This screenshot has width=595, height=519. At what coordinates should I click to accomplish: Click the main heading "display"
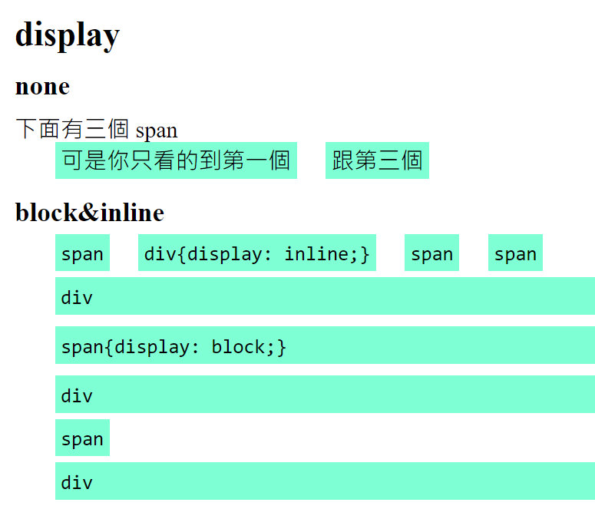(68, 35)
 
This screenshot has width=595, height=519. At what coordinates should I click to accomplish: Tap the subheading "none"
(42, 87)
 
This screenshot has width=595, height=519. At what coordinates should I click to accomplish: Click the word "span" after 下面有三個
(157, 131)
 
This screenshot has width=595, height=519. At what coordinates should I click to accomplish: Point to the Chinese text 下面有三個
(72, 129)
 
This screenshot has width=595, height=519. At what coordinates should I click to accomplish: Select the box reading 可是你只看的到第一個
(176, 160)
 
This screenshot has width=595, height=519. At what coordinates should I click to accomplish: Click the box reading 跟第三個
(377, 160)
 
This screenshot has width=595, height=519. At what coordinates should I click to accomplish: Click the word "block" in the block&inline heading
(47, 213)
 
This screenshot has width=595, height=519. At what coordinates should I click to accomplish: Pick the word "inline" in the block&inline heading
(131, 213)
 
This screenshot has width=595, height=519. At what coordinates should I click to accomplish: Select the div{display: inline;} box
(257, 253)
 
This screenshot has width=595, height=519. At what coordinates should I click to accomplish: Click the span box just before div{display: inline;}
(82, 253)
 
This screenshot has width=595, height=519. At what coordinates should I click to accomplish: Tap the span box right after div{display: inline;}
(431, 253)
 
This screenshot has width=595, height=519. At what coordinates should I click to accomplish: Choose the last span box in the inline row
(515, 253)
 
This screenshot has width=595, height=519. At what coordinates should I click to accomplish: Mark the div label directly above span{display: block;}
(77, 297)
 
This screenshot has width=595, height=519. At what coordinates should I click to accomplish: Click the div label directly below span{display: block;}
(77, 395)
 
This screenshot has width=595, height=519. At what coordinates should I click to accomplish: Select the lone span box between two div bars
(82, 438)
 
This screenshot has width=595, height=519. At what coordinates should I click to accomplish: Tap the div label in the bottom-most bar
(77, 482)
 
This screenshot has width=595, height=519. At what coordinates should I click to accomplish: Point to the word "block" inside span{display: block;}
(238, 346)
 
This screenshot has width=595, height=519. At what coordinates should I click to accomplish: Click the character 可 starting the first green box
(72, 160)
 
